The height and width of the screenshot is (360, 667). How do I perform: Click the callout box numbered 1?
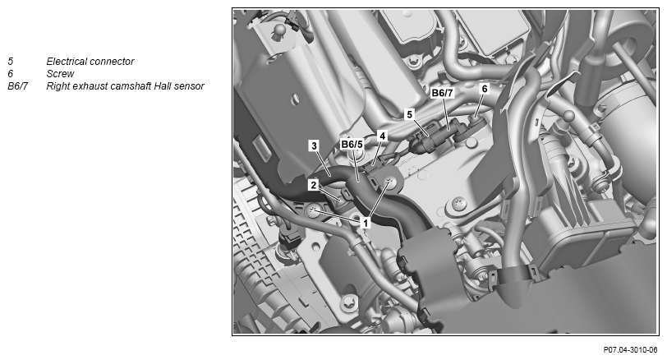[365, 222]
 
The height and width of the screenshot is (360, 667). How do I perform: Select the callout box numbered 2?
[314, 185]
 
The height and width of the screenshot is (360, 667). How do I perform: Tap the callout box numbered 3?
[314, 146]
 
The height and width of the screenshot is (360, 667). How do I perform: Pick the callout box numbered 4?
[382, 136]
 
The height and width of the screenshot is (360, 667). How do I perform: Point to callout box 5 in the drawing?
[409, 114]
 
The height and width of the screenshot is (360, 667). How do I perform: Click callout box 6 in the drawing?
[484, 89]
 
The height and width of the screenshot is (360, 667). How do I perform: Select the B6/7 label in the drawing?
[443, 93]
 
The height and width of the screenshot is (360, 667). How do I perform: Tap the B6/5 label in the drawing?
[352, 145]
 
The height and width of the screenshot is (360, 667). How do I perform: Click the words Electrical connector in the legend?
[90, 62]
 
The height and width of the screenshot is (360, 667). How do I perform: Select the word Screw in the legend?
[61, 74]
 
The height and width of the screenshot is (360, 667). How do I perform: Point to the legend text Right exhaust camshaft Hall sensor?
[126, 86]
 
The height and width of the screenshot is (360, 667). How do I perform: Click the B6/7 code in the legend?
[17, 86]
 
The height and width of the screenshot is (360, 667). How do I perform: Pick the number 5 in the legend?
[10, 62]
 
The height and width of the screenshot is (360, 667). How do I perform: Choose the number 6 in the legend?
[10, 74]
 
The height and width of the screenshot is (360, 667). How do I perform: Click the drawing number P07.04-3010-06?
[630, 350]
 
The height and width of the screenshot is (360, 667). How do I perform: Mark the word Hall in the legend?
[163, 86]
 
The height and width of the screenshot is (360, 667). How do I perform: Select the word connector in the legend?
[113, 62]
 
